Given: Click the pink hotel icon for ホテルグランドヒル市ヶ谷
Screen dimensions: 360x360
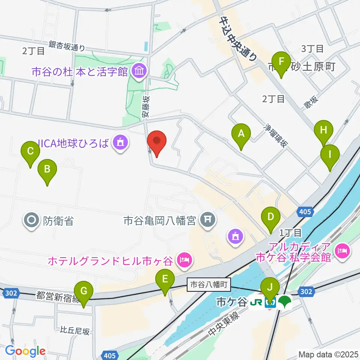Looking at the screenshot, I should [x=184, y=259].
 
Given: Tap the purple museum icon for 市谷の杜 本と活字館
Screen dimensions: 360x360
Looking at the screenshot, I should [x=139, y=70].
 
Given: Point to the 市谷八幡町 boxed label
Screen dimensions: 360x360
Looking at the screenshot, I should [x=208, y=285].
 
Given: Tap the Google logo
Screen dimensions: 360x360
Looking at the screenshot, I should [x=25, y=351].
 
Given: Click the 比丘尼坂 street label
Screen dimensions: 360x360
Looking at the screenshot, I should [x=75, y=331].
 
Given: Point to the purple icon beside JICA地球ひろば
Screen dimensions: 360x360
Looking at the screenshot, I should [x=120, y=143].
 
